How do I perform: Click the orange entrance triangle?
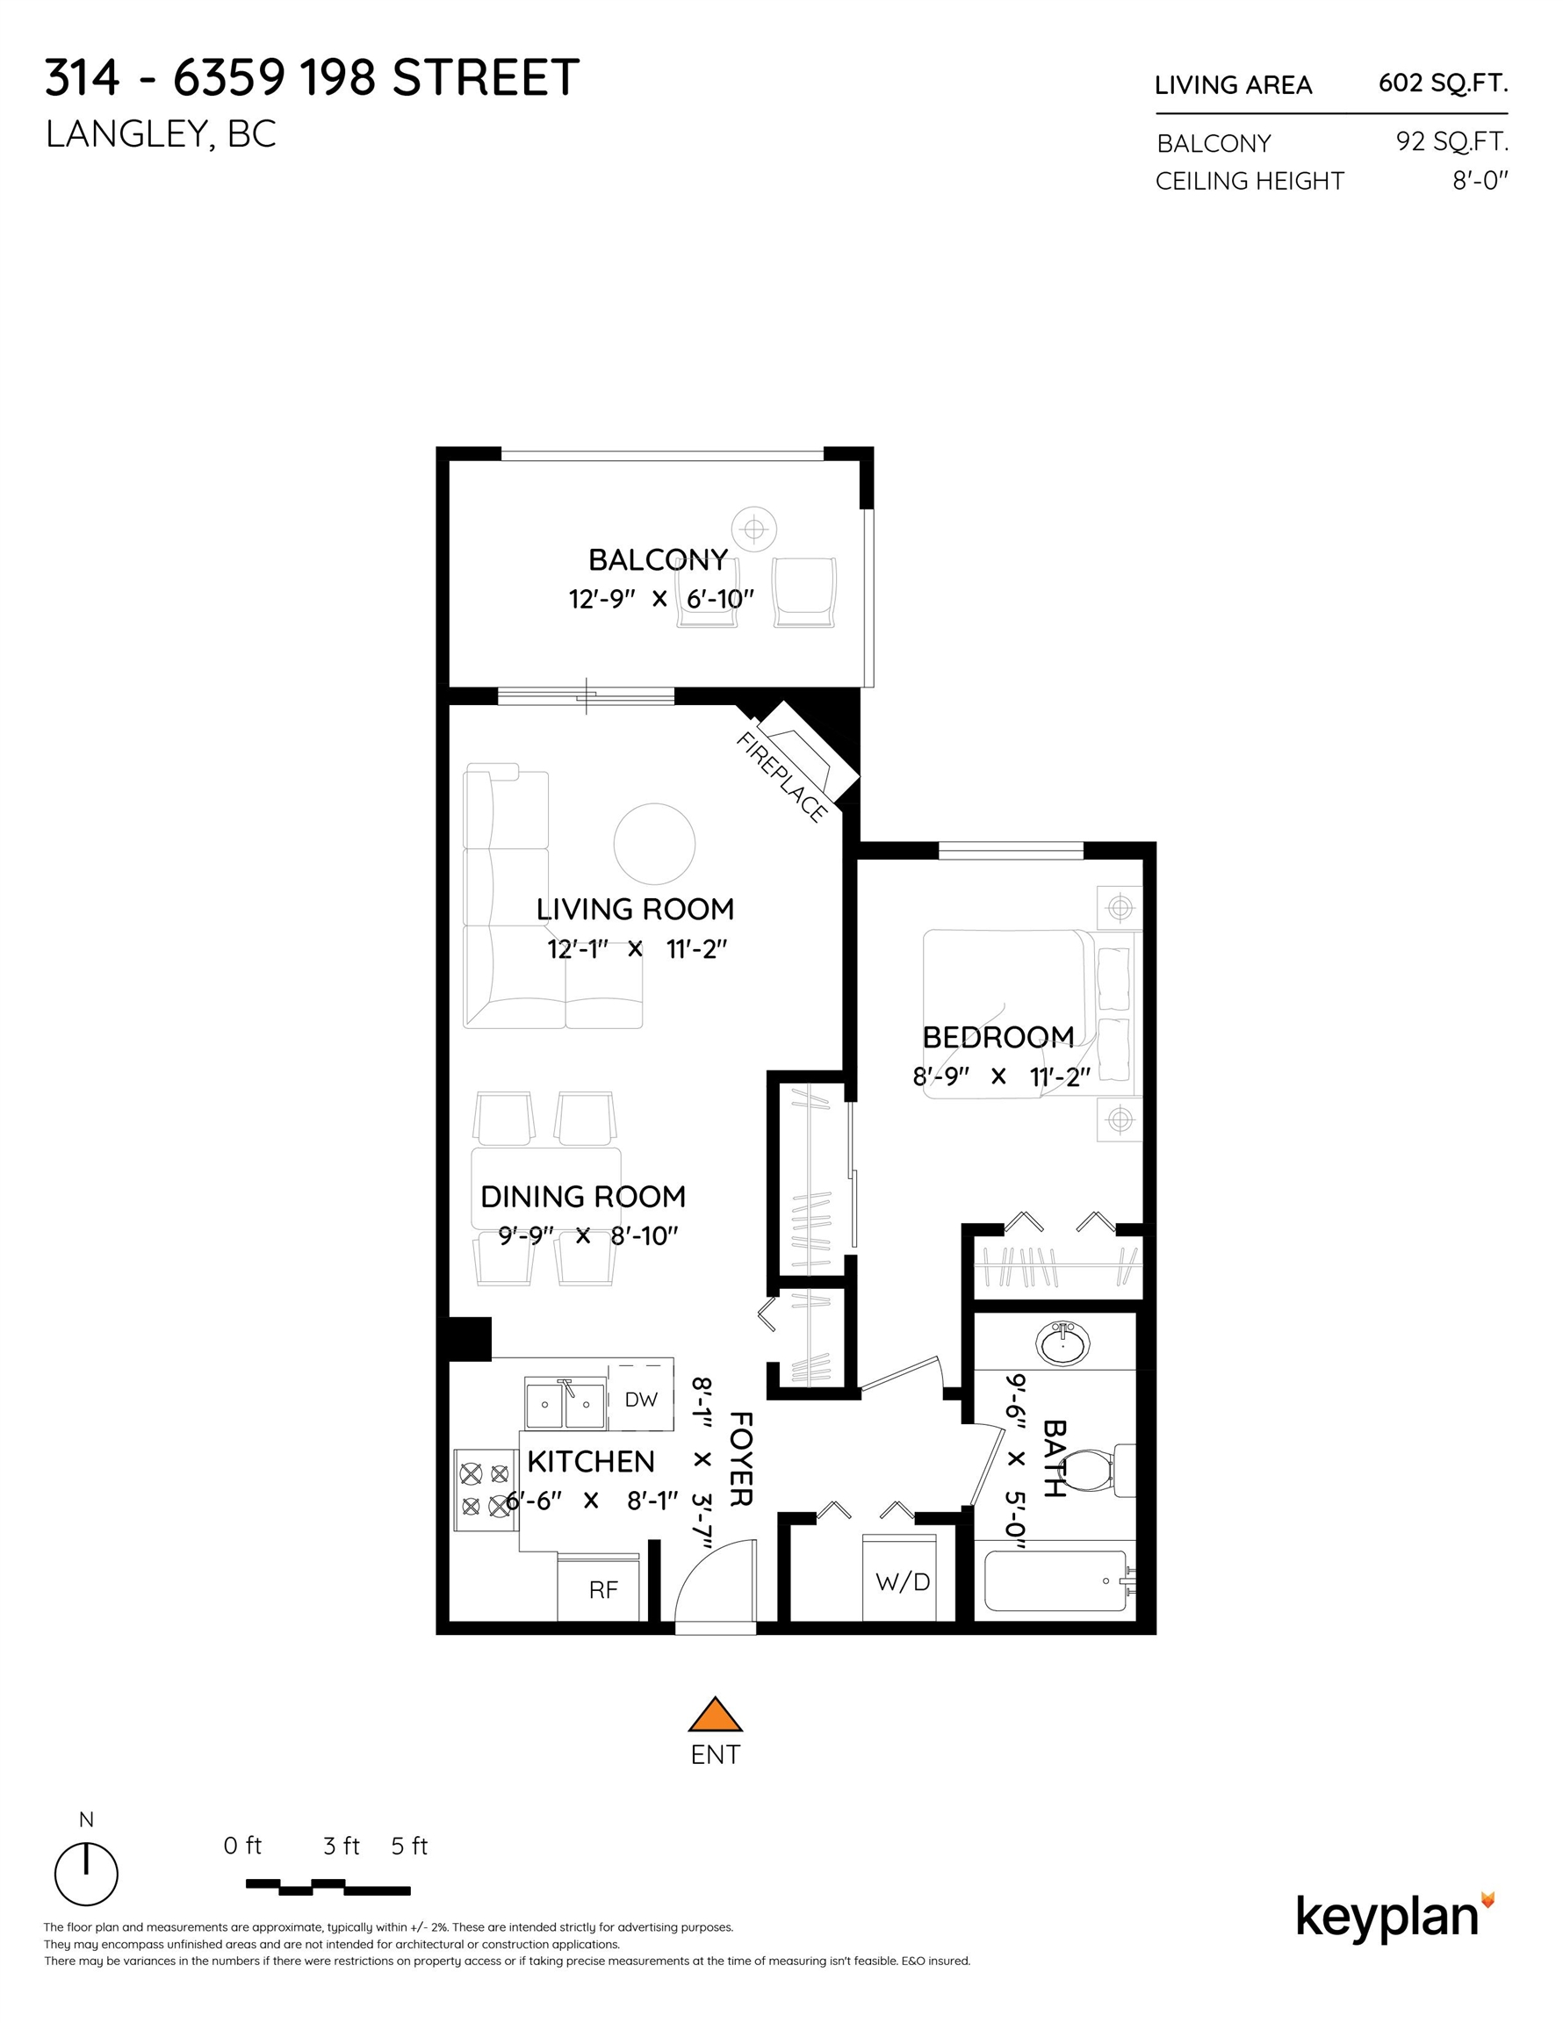pyautogui.click(x=715, y=1716)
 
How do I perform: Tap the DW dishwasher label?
pyautogui.click(x=640, y=1400)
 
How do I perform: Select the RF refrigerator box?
pyautogui.click(x=603, y=1589)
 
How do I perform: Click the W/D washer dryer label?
pyautogui.click(x=903, y=1581)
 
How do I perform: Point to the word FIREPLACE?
pyautogui.click(x=781, y=777)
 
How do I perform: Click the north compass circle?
pyautogui.click(x=86, y=1874)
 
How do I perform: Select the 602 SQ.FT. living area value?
pyautogui.click(x=1443, y=83)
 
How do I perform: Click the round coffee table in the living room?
pyautogui.click(x=654, y=844)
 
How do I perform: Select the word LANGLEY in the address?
pyautogui.click(x=125, y=135)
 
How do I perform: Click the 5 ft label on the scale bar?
pyautogui.click(x=408, y=1847)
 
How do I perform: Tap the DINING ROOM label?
pyautogui.click(x=583, y=1197)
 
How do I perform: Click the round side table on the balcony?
pyautogui.click(x=754, y=529)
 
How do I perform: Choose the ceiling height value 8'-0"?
pyautogui.click(x=1480, y=181)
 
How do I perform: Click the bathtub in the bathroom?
pyautogui.click(x=1055, y=1581)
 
